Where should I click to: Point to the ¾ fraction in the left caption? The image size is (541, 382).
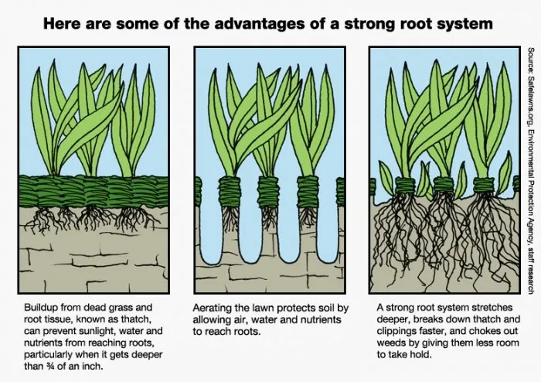tap(49, 366)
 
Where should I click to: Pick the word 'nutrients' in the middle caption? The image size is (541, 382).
tap(321, 320)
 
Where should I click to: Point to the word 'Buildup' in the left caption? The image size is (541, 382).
tap(40, 308)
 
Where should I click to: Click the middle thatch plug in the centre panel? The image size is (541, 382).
tap(268, 192)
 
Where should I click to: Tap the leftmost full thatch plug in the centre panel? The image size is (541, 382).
tap(229, 192)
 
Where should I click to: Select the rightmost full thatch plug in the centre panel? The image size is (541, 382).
tap(308, 192)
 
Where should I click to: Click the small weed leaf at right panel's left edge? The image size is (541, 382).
tap(386, 178)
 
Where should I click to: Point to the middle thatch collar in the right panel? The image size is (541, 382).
tap(444, 185)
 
